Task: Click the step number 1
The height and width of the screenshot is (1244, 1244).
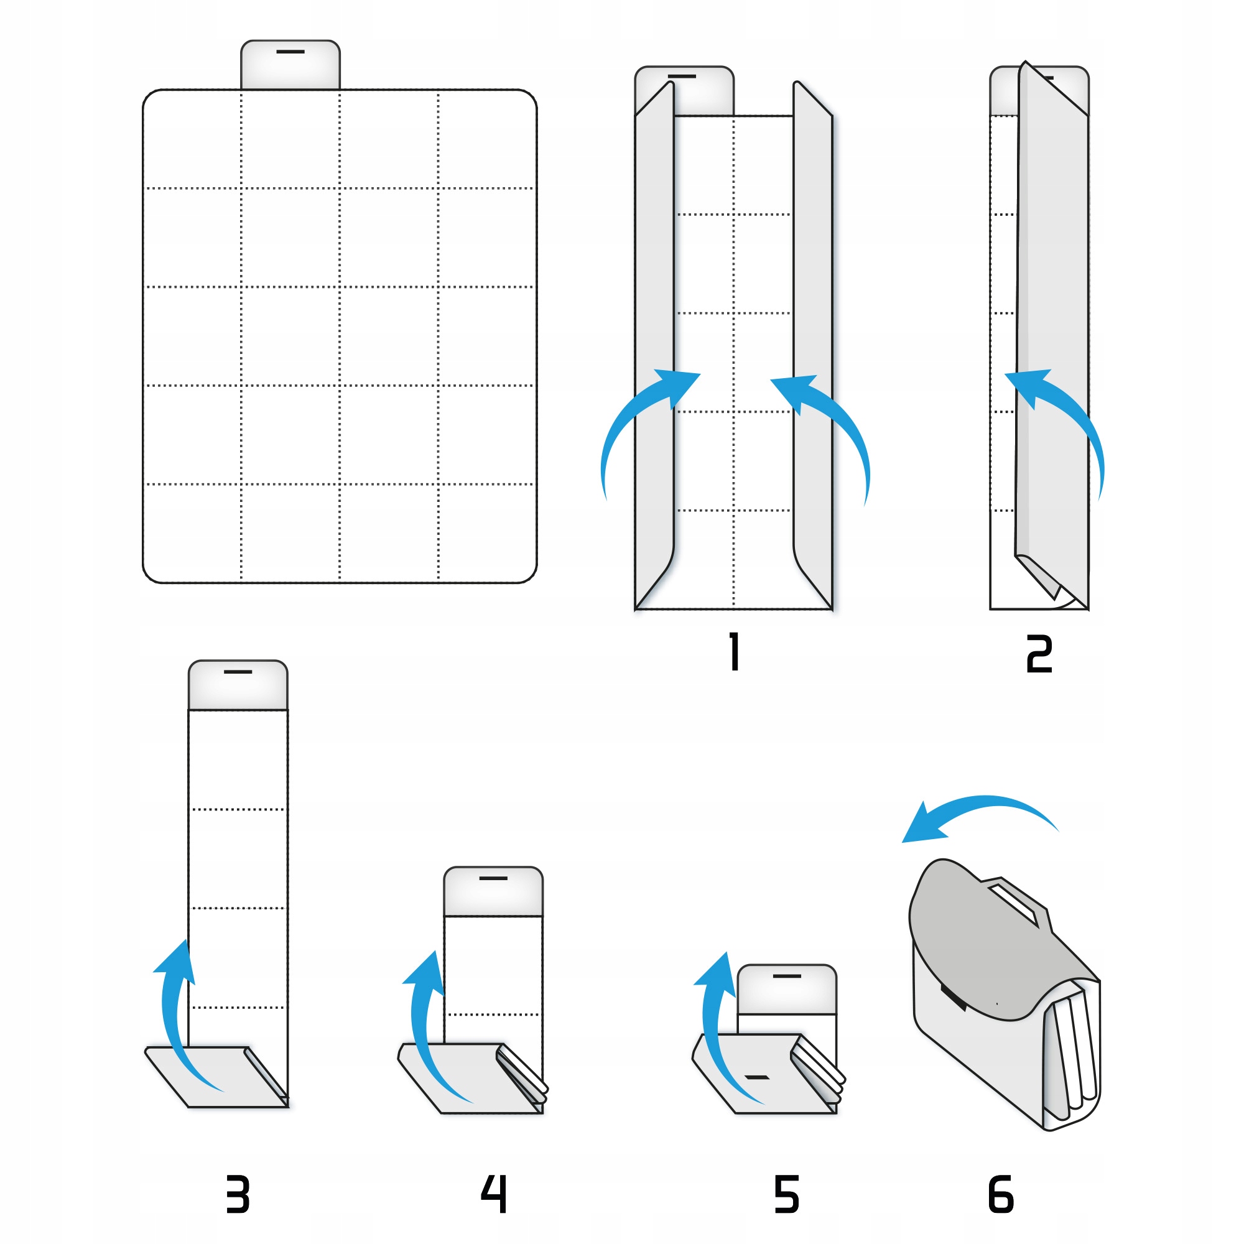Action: (734, 652)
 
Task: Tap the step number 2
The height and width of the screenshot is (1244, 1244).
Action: (1039, 654)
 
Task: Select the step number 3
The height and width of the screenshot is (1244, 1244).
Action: (238, 1194)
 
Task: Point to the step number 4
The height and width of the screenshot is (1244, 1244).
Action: (494, 1194)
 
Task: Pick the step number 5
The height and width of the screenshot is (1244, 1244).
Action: (786, 1194)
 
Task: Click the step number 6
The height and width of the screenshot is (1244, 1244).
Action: (1001, 1194)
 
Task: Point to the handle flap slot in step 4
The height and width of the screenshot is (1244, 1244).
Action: (493, 878)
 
